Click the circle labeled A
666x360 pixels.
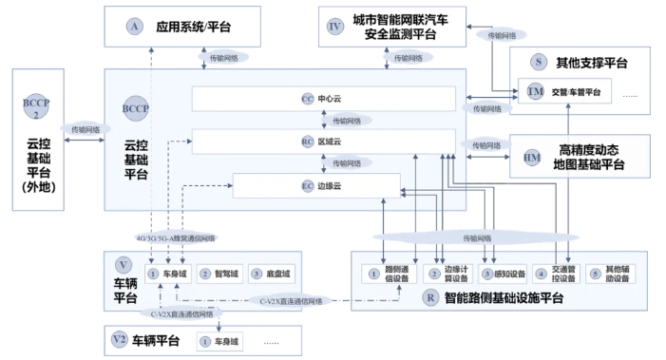tap(134, 27)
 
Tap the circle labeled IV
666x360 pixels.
tap(334, 27)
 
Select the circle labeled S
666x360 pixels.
tap(539, 62)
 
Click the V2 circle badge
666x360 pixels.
tap(119, 338)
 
